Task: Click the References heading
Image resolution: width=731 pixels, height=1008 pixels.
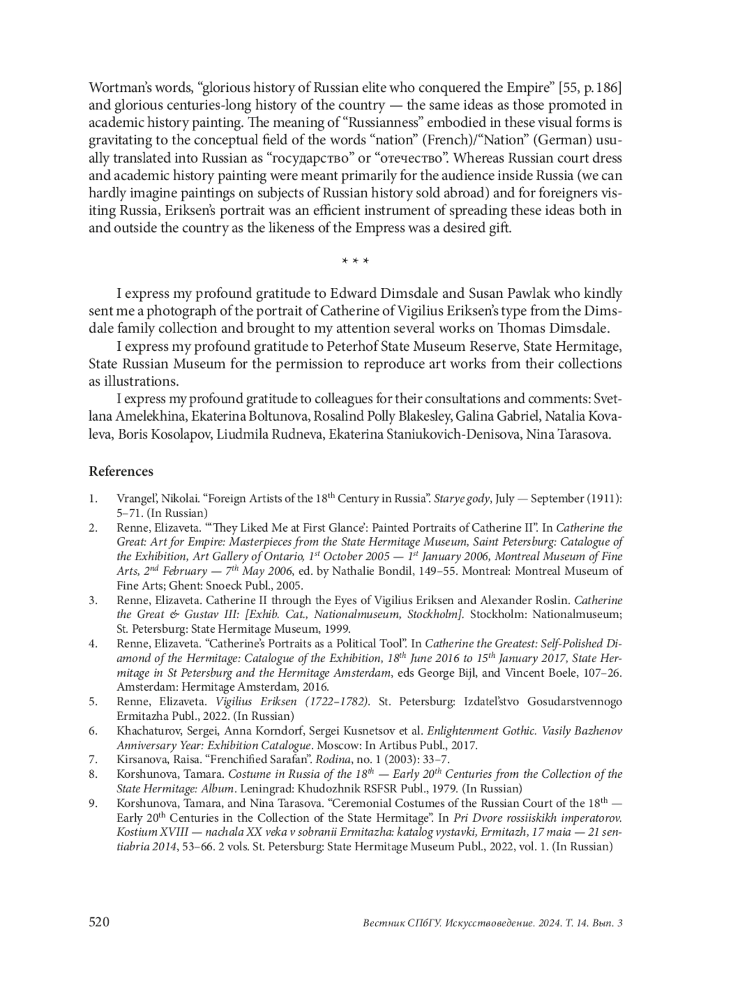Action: [x=121, y=471]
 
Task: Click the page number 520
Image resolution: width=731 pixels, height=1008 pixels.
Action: [x=99, y=922]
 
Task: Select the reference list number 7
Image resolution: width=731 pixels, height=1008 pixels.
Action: [x=93, y=760]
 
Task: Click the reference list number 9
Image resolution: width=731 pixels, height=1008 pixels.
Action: [x=93, y=803]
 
